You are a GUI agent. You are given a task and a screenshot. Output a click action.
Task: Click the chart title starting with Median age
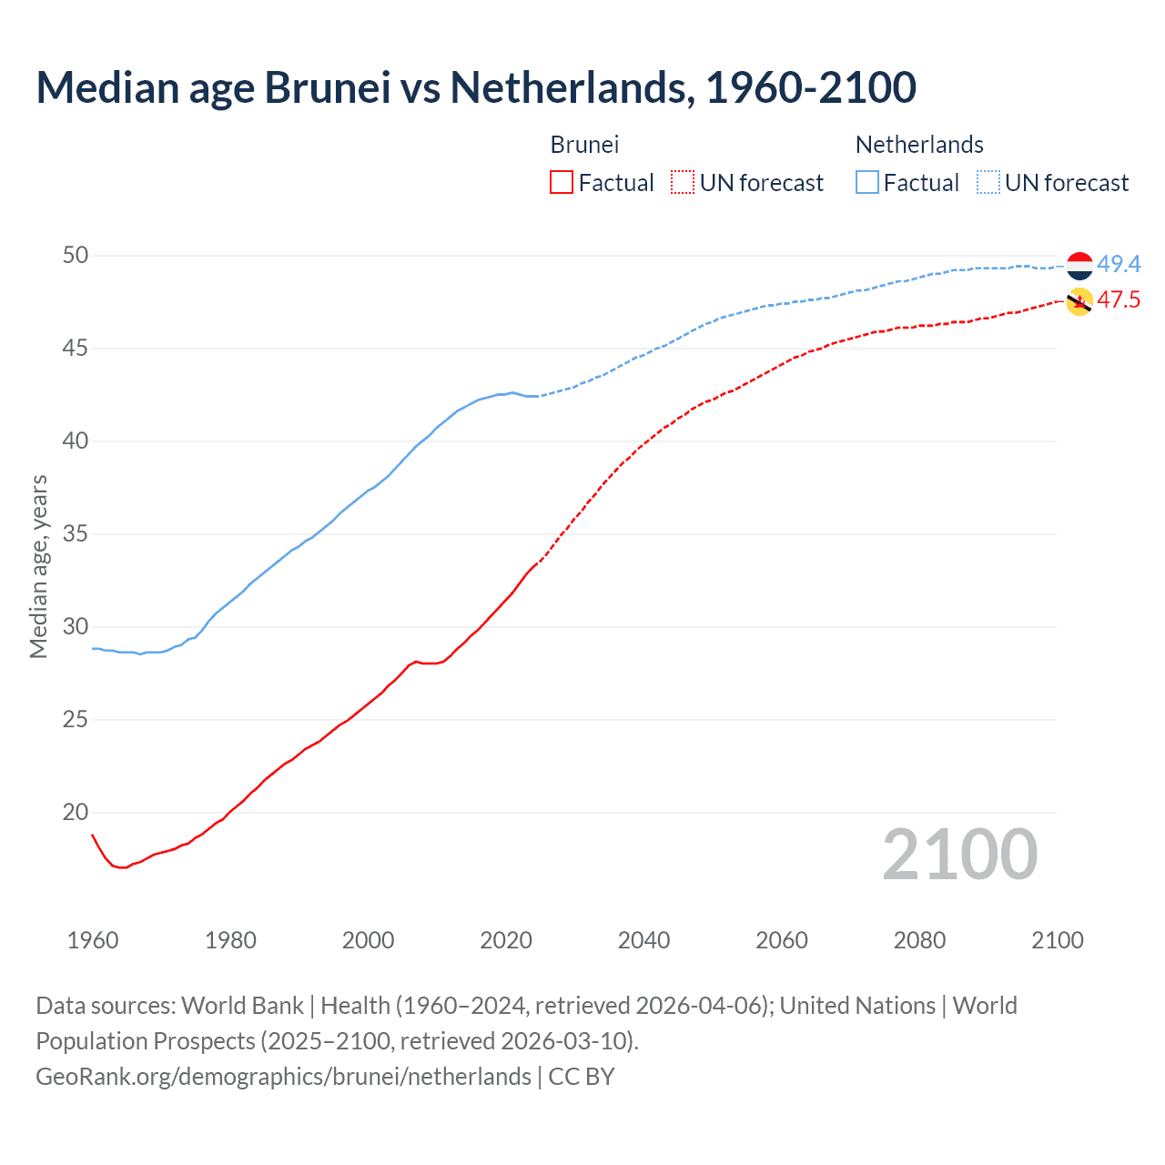475,87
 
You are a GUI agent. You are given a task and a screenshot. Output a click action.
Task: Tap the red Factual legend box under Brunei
562,183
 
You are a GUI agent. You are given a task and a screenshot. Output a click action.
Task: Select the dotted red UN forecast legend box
683,183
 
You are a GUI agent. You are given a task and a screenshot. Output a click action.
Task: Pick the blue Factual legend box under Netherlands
867,183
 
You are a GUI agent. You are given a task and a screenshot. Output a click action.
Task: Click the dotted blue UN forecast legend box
988,183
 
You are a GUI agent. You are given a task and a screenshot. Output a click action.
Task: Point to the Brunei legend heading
584,145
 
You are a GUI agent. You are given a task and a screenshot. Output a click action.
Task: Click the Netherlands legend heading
919,145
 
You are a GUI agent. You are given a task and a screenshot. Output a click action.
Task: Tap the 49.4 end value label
1119,265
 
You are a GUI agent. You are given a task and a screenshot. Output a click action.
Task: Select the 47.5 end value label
1119,300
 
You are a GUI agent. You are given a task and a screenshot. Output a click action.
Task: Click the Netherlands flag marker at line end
1079,266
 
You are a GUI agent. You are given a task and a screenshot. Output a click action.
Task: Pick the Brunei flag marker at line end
1079,301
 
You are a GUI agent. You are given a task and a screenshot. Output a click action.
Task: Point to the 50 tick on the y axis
76,256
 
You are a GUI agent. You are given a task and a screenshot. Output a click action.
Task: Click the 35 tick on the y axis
76,534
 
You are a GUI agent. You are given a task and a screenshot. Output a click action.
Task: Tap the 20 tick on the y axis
76,813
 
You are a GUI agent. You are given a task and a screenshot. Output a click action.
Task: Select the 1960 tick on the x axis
93,940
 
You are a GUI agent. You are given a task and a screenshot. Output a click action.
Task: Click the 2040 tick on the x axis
643,940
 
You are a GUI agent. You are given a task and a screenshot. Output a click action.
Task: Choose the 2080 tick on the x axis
919,940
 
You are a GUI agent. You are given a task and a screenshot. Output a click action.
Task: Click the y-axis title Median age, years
38,566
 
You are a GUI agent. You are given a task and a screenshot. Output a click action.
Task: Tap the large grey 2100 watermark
960,854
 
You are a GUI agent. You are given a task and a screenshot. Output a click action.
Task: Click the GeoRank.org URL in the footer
283,1077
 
